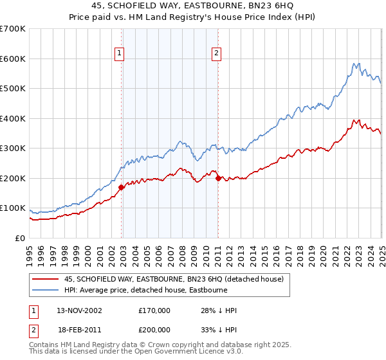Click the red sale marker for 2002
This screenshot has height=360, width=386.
point(121,188)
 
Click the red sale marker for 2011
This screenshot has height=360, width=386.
point(218,179)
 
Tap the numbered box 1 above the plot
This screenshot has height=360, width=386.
point(120,54)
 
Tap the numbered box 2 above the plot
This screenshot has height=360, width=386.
point(217,54)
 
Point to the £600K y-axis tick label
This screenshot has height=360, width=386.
point(13,59)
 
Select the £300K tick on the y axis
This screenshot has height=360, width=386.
point(13,148)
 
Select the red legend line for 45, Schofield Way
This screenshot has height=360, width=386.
point(46,279)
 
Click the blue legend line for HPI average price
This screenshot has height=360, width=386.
point(46,290)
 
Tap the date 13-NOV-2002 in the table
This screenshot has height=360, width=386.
point(79,310)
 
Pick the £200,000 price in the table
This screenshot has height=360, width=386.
point(154,328)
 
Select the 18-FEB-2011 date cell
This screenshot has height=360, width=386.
point(79,328)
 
